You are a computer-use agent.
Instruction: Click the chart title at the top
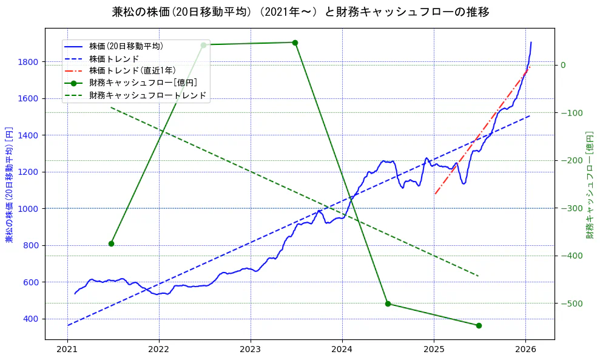click(300, 12)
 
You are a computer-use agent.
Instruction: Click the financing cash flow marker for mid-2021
click(111, 243)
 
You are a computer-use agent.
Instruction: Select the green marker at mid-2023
click(295, 42)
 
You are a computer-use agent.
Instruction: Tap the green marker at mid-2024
click(388, 304)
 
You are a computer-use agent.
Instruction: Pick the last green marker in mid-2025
click(479, 325)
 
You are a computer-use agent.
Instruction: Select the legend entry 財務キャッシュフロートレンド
click(147, 95)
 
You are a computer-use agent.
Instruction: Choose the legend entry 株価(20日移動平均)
click(126, 46)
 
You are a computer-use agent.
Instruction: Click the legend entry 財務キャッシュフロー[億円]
click(143, 83)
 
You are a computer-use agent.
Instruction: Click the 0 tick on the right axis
click(563, 66)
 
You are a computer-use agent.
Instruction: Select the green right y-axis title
click(589, 185)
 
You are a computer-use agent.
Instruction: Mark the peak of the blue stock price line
click(531, 42)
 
